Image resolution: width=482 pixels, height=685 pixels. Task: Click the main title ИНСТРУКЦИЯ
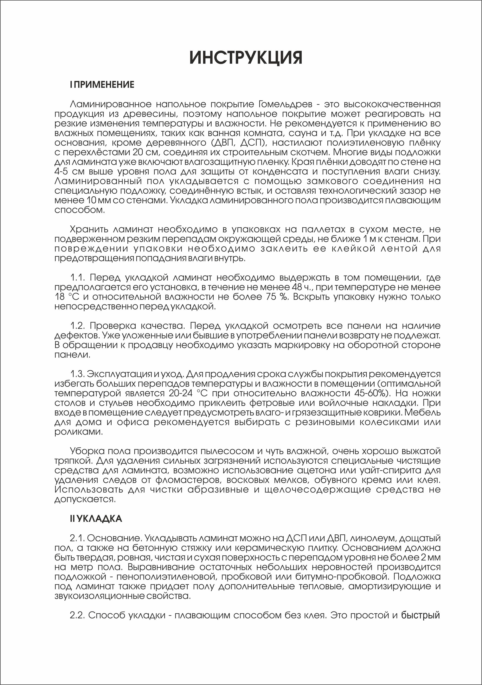[246, 57]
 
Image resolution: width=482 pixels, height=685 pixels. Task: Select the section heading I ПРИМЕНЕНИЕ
[102, 85]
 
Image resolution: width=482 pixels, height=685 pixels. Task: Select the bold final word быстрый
[421, 615]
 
